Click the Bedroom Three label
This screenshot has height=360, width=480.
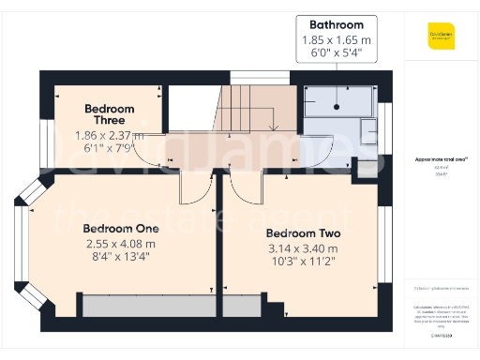(109, 114)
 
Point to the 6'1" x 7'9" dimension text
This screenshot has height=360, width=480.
(109, 147)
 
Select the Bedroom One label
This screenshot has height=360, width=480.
(121, 228)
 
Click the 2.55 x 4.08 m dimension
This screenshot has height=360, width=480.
(121, 244)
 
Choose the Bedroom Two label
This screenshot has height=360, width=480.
(302, 233)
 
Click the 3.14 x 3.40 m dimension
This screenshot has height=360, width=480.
(302, 249)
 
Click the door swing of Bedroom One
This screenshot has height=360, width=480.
(196, 187)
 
